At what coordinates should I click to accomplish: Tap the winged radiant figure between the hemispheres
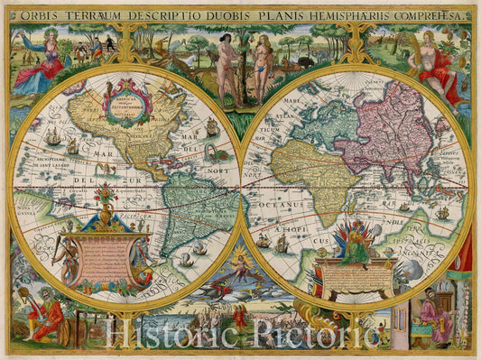click(x=239, y=268)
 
